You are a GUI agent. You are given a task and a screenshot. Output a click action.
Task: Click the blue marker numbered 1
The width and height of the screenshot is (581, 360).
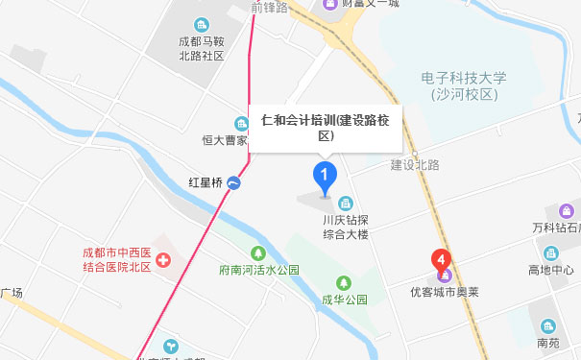pyautogui.click(x=326, y=177)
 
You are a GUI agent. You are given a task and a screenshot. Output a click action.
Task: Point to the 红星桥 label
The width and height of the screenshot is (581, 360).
pyautogui.click(x=205, y=182)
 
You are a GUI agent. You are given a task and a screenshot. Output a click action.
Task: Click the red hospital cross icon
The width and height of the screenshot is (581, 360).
pyautogui.click(x=164, y=259)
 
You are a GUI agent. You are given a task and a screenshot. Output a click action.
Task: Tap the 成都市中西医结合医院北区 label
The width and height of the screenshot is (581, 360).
pyautogui.click(x=116, y=259)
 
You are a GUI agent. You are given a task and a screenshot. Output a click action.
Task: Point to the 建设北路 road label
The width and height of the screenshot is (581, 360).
pyautogui.click(x=414, y=165)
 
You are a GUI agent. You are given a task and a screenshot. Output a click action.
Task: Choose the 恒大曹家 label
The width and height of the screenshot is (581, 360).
pyautogui.click(x=225, y=140)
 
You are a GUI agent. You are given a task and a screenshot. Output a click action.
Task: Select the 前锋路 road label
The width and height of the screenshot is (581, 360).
pyautogui.click(x=270, y=7)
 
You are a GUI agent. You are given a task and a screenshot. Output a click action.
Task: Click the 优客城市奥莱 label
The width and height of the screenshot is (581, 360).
pyautogui.click(x=441, y=287)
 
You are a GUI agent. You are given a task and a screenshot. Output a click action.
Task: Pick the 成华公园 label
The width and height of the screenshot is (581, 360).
pyautogui.click(x=346, y=300)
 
